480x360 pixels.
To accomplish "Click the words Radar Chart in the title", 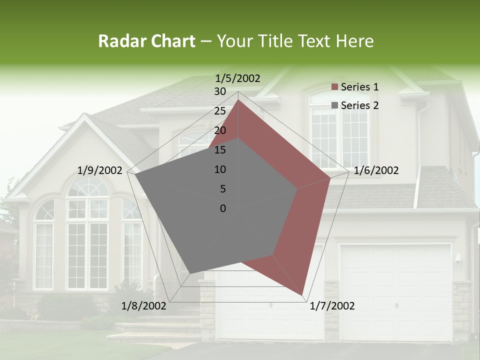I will click(x=146, y=41).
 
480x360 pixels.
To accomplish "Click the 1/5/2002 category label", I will click(x=237, y=78).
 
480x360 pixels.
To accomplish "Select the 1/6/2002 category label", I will click(x=376, y=170).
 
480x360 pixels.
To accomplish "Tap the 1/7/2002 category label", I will click(x=332, y=306).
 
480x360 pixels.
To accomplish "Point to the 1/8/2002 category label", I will click(x=144, y=306).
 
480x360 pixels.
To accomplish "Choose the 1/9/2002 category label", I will click(x=100, y=170).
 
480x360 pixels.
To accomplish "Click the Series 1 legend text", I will click(x=359, y=87).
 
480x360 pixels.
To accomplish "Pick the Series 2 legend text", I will click(x=359, y=105).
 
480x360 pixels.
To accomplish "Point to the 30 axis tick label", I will click(x=219, y=91).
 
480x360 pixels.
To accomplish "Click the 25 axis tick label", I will click(x=219, y=111).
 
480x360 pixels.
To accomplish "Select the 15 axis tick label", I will click(x=219, y=150).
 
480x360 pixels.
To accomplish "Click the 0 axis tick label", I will click(x=223, y=208).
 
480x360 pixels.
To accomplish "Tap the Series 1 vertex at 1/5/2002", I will click(x=238, y=100).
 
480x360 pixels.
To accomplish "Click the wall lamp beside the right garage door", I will click(x=458, y=259).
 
